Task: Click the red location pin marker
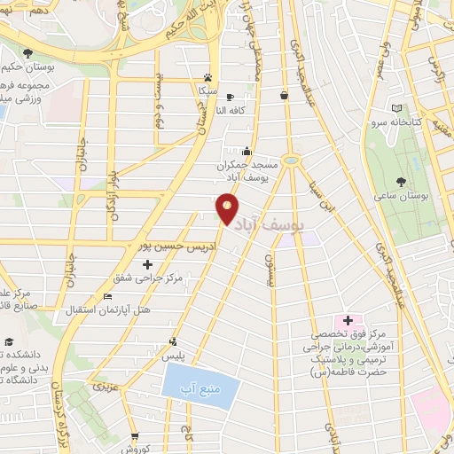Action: coord(228,207)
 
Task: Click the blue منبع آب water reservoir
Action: coord(201,386)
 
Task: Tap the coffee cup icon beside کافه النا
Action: coord(231,97)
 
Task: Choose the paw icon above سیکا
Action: coord(207,77)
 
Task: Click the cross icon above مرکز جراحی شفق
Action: coord(147,264)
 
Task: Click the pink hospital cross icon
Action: coord(348,320)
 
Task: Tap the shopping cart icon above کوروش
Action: coord(135,436)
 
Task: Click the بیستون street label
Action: coord(269,268)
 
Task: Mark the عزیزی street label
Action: coord(105,387)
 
